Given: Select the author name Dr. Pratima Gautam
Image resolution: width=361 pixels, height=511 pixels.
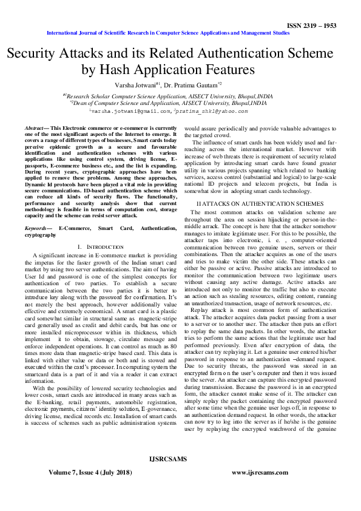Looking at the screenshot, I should click(194, 85).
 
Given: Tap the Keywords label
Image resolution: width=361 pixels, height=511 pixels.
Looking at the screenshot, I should click(36, 228).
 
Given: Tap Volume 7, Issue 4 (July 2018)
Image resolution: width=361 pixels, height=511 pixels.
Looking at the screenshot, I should click(92, 470).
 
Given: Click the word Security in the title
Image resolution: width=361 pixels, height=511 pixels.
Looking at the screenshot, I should click(39, 52).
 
